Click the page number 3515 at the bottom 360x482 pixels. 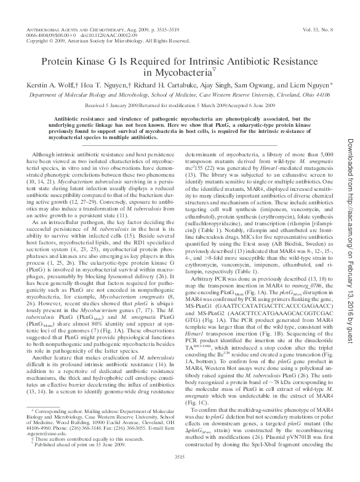coord(180,472)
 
